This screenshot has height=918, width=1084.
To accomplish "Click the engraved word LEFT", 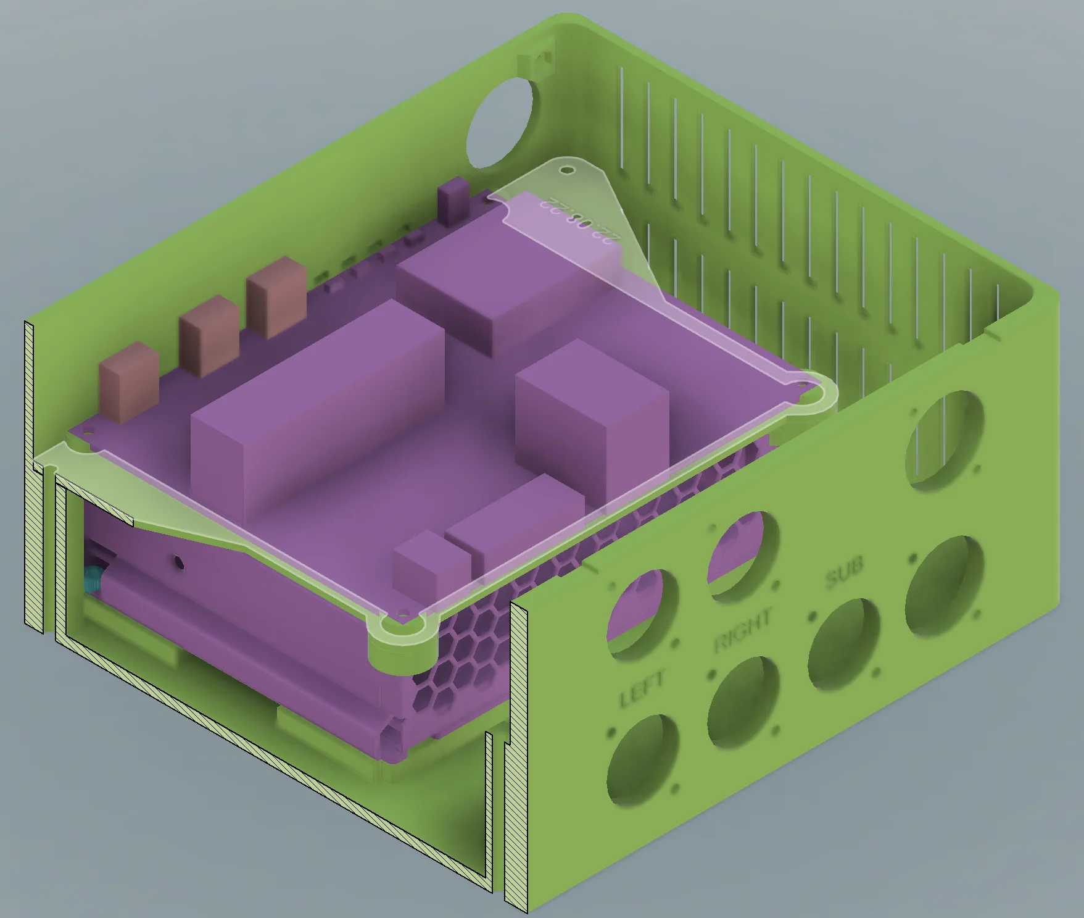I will (642, 688).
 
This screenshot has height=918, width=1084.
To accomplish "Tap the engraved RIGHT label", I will (743, 630).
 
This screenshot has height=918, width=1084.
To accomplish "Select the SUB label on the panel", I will (844, 571).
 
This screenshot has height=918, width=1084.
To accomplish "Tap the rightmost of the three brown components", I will (276, 297).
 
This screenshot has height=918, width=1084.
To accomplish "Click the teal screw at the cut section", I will (93, 578).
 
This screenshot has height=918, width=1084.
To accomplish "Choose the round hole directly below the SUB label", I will (844, 642).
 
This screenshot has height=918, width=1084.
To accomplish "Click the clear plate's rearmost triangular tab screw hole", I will (566, 170).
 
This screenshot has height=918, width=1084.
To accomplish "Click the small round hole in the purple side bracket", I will (179, 562).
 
